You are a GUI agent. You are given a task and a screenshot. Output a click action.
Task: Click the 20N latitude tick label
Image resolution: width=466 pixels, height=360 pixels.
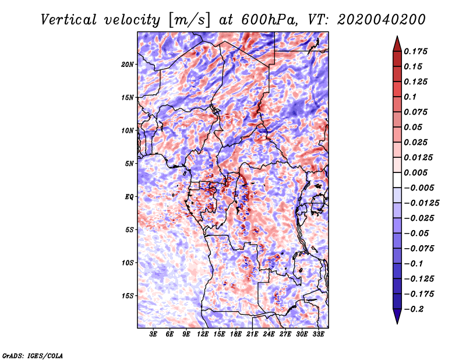(x=128, y=65)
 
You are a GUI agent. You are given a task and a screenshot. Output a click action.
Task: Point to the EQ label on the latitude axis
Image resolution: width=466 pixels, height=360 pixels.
(x=129, y=197)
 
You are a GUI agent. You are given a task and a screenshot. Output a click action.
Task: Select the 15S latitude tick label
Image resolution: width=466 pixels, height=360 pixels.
(x=128, y=296)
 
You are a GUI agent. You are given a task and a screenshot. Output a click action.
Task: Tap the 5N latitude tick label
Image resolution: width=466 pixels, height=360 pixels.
(x=129, y=164)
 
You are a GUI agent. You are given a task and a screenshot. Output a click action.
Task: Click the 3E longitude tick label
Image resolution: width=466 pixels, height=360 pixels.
(x=153, y=334)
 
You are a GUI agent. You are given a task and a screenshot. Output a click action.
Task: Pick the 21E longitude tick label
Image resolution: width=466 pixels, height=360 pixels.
(x=252, y=334)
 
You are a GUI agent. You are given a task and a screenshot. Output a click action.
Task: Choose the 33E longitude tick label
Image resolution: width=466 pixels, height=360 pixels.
(x=318, y=334)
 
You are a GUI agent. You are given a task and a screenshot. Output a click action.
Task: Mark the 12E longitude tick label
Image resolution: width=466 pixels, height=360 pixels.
(x=203, y=334)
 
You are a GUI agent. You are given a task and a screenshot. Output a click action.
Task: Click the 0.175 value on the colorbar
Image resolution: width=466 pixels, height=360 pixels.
(x=416, y=51)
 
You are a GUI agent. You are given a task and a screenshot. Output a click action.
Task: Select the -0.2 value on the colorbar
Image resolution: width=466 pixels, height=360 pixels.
(x=414, y=309)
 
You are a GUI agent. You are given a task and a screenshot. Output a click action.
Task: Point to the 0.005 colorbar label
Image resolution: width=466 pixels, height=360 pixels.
(x=416, y=172)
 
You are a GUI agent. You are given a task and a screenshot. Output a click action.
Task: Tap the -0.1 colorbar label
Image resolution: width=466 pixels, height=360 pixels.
(x=414, y=264)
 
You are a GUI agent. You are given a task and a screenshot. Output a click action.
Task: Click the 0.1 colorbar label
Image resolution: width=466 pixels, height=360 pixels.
(x=410, y=97)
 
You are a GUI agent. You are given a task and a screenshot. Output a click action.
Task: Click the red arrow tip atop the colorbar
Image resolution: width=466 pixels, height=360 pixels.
(x=397, y=36)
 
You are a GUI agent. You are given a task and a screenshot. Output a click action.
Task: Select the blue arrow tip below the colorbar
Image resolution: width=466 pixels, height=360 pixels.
(x=397, y=323)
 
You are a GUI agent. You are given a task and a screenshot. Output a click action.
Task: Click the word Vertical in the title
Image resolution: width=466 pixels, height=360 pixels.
(x=69, y=20)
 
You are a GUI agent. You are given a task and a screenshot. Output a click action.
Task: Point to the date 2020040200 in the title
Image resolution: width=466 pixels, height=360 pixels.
(x=382, y=20)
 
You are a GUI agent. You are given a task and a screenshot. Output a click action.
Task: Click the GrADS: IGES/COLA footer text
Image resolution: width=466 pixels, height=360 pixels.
(x=33, y=356)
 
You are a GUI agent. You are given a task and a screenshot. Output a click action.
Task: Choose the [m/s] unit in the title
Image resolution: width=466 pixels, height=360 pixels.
(x=189, y=20)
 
